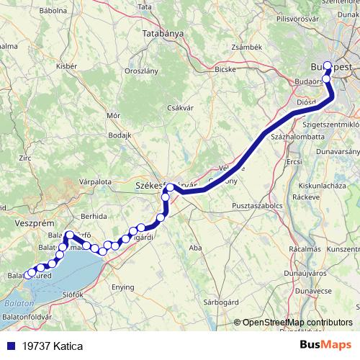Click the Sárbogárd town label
(x=221, y=302)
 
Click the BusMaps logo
(x=326, y=345)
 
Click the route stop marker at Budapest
(x=328, y=66)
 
